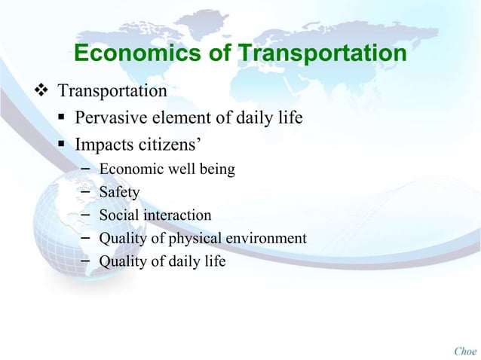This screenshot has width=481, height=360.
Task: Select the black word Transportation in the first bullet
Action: click(113, 93)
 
